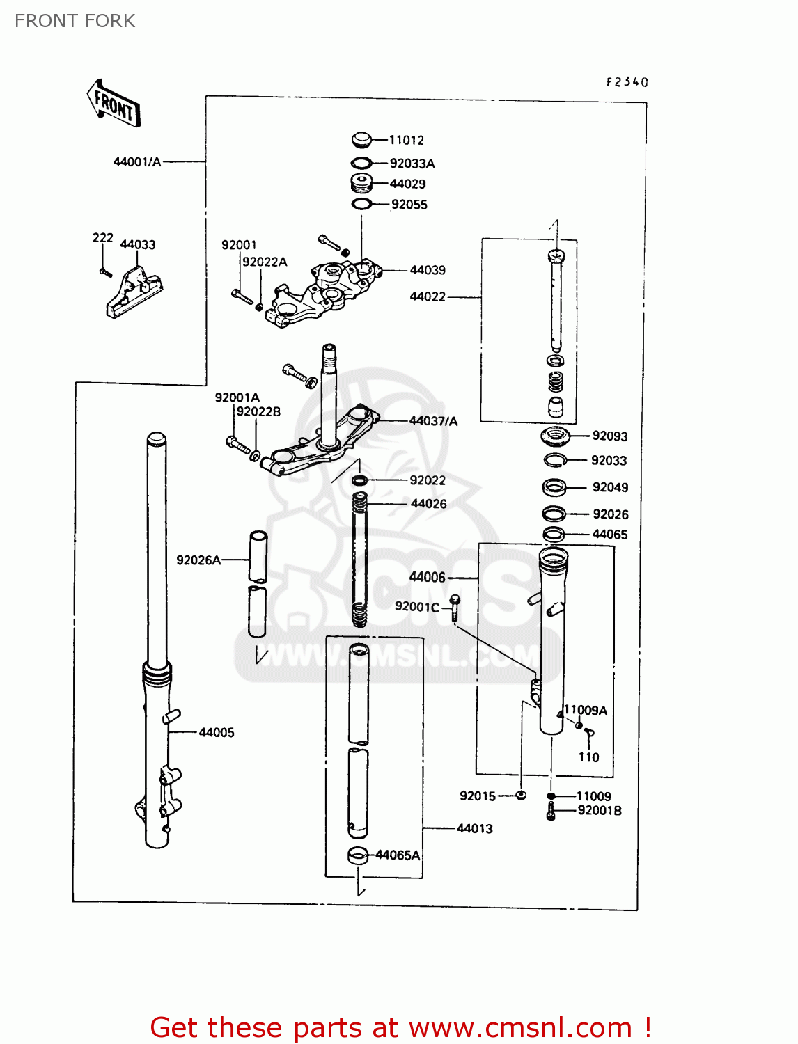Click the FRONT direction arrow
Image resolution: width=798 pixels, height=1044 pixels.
click(114, 104)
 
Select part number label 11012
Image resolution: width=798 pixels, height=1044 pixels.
click(406, 140)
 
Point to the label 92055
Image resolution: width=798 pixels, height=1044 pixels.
click(409, 205)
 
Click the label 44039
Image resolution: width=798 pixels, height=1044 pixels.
click(428, 270)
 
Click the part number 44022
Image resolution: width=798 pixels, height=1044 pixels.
click(428, 296)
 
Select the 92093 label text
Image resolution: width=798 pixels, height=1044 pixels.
click(609, 436)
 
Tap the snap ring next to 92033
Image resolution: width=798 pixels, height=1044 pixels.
click(555, 460)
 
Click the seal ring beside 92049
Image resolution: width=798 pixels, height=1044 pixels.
click(554, 487)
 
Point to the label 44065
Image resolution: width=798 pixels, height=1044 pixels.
click(609, 535)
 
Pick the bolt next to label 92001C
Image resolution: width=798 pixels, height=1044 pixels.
click(454, 607)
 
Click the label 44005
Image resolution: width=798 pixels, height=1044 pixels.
click(217, 732)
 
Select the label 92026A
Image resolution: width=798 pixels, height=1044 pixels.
click(198, 560)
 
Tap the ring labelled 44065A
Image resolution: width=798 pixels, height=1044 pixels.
click(358, 855)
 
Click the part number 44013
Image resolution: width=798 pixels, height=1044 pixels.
click(474, 829)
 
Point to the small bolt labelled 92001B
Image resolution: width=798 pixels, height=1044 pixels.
click(551, 811)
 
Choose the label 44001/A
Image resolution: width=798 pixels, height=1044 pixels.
click(137, 162)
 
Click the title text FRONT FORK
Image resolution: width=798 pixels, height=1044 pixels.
click(75, 21)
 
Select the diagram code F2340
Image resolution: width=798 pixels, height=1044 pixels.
click(627, 82)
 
